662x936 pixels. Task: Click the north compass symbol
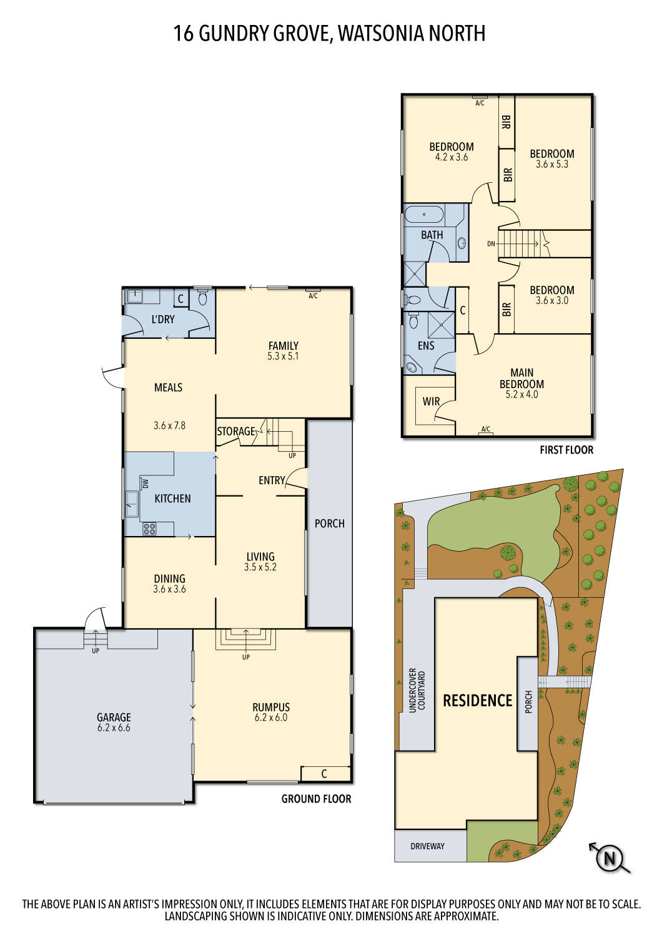(x=609, y=859)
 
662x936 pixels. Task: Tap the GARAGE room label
(x=114, y=718)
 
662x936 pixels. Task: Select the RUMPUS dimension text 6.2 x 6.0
(x=271, y=718)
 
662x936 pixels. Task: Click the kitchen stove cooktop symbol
(x=150, y=529)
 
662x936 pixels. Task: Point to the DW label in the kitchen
(x=145, y=484)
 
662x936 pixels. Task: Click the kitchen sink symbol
(x=132, y=504)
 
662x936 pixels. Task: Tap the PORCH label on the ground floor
(x=329, y=524)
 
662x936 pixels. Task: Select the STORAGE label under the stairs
(x=235, y=431)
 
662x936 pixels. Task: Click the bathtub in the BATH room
(x=424, y=215)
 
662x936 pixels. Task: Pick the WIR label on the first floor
(x=431, y=401)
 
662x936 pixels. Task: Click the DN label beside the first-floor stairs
(x=491, y=244)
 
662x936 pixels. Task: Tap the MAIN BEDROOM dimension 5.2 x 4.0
(x=521, y=394)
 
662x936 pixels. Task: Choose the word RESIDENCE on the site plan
(x=477, y=701)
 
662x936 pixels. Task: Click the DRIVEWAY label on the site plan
(x=428, y=846)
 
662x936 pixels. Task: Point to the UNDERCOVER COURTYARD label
(x=417, y=691)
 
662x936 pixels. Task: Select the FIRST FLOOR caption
(x=566, y=450)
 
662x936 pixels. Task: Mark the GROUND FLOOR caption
(x=316, y=799)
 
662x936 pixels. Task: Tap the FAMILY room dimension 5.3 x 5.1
(x=283, y=356)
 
